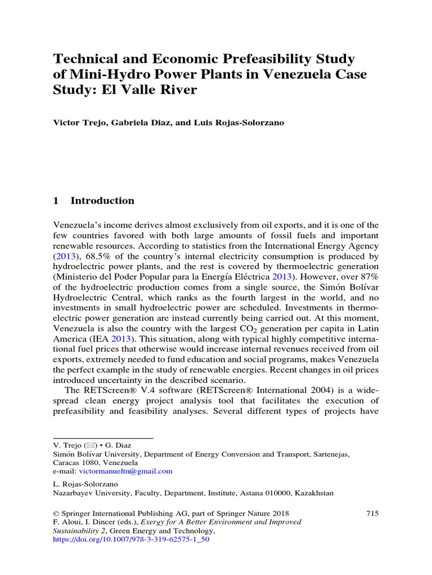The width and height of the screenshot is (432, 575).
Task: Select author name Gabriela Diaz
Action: pyautogui.click(x=130, y=124)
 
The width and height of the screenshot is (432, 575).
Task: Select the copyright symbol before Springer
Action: pyautogui.click(x=55, y=513)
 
